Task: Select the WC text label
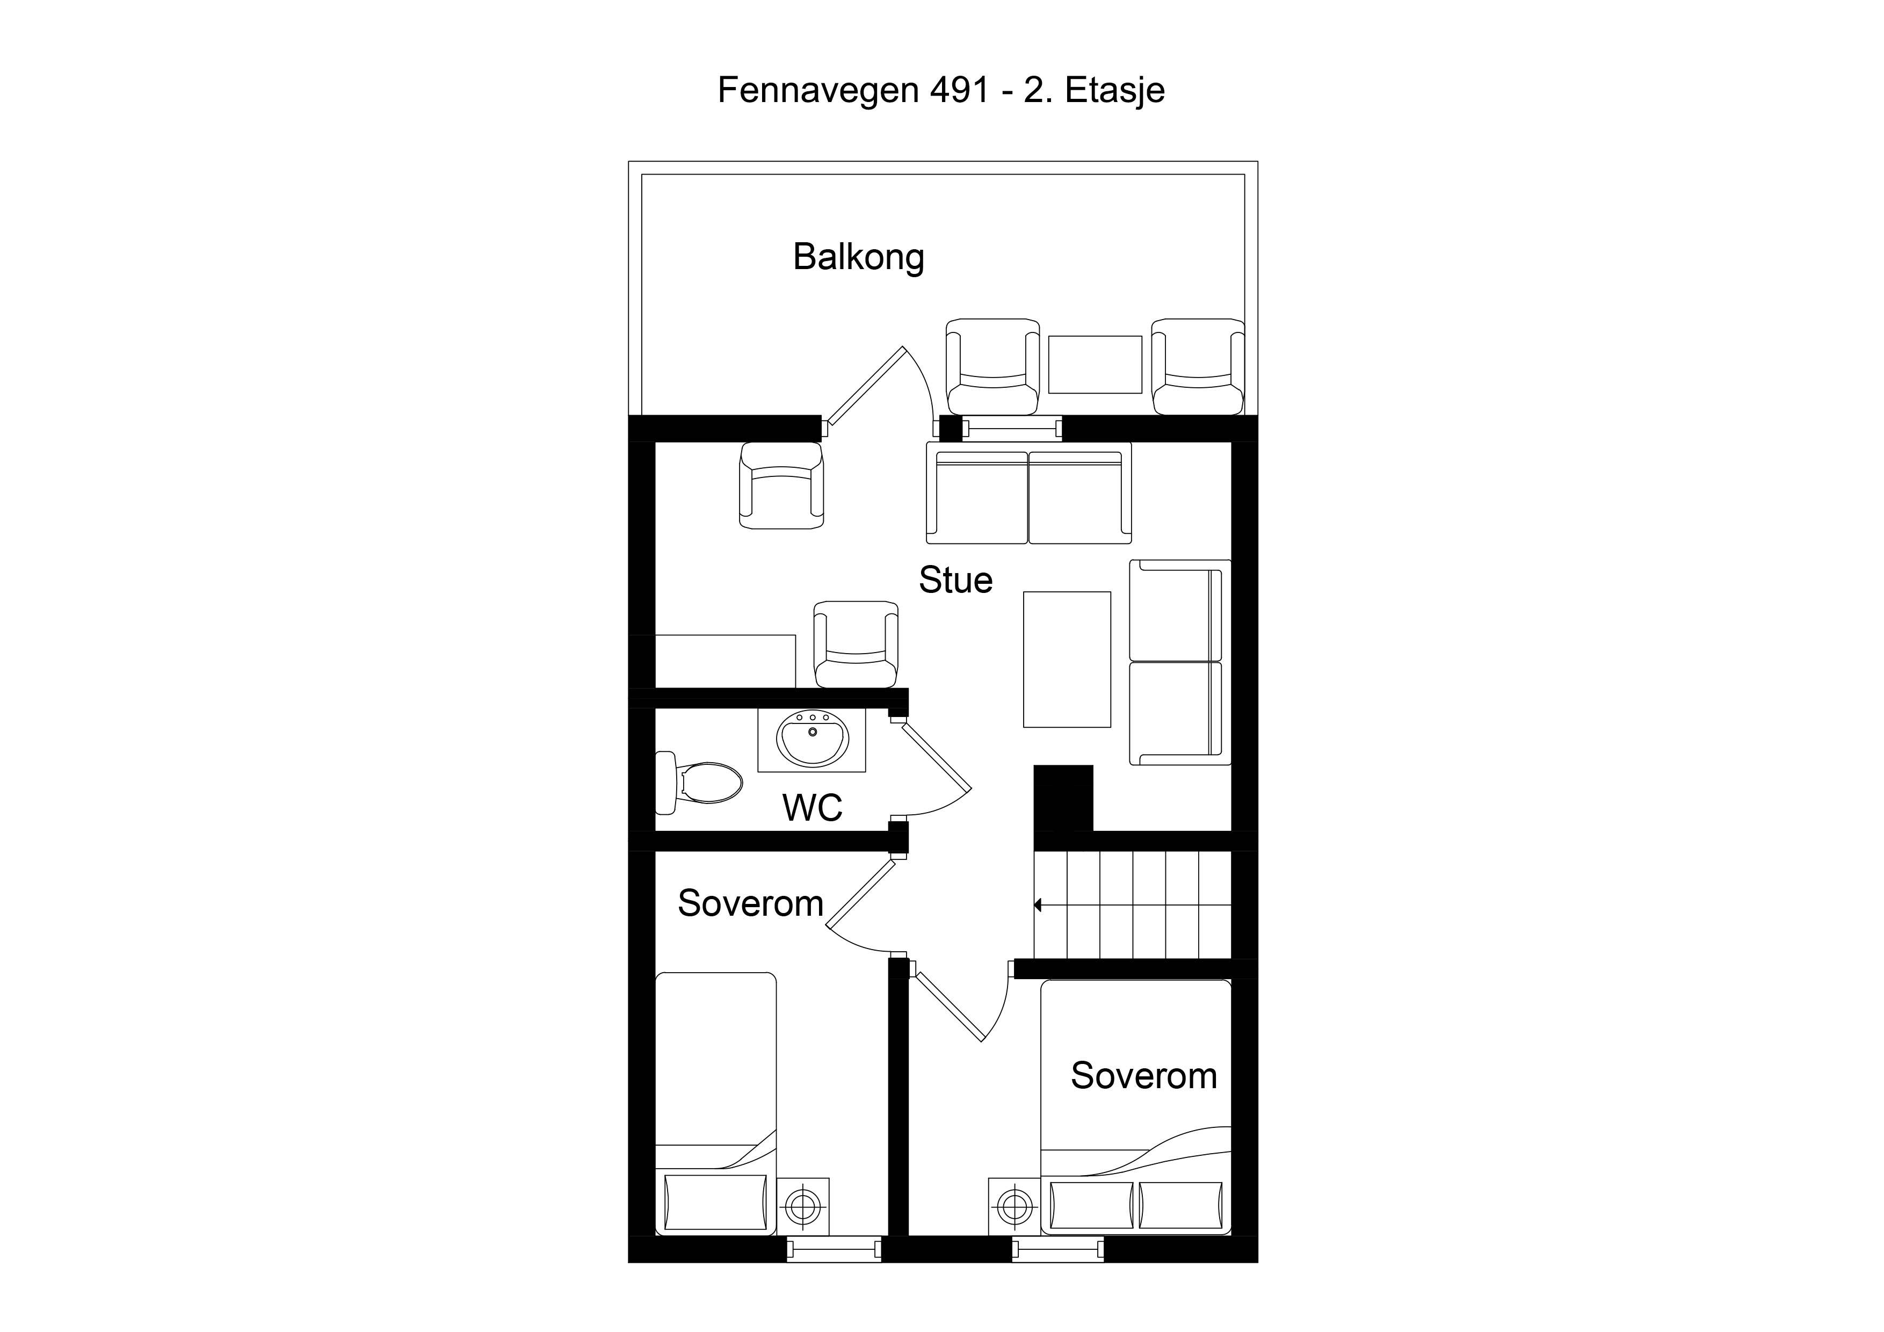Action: click(813, 808)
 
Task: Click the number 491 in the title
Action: click(959, 90)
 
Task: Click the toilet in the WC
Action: click(699, 783)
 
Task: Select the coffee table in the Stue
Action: click(1067, 659)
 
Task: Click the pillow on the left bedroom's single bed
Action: click(715, 1203)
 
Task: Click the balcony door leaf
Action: click(866, 390)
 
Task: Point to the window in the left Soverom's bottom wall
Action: click(834, 1250)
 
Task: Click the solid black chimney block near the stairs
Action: click(1063, 798)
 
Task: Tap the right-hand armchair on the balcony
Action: click(1198, 367)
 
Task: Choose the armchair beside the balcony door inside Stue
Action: click(781, 485)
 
